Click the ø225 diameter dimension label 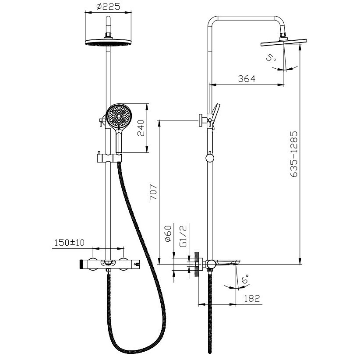click(108, 7)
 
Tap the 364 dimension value click(247, 79)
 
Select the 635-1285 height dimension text click(294, 154)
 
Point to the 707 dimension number click(153, 192)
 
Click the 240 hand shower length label click(141, 128)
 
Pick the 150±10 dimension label click(70, 242)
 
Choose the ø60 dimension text click(168, 234)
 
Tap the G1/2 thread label click(184, 236)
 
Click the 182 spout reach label click(252, 298)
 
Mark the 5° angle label click(271, 57)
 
